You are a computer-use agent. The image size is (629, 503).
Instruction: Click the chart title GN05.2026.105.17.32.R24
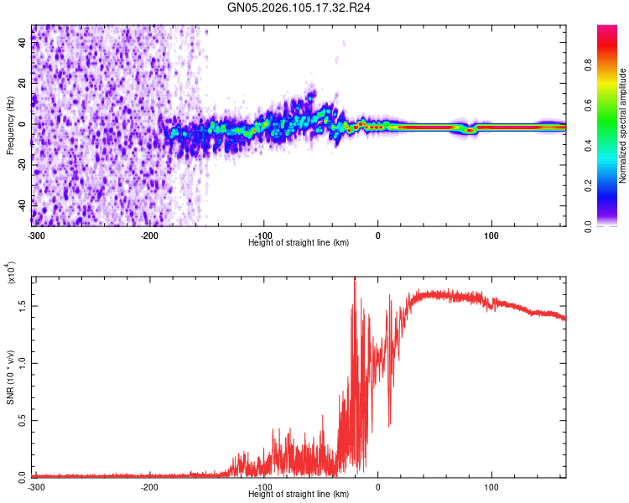click(x=299, y=8)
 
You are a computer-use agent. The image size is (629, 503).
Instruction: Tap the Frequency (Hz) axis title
click(x=10, y=125)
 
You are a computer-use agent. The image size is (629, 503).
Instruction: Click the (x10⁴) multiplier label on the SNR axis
click(x=12, y=273)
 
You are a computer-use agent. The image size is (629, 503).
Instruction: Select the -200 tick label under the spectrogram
click(x=149, y=236)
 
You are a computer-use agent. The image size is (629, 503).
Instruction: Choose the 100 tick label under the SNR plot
click(x=491, y=486)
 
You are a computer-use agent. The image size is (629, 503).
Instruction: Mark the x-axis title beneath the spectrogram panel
click(x=299, y=242)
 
